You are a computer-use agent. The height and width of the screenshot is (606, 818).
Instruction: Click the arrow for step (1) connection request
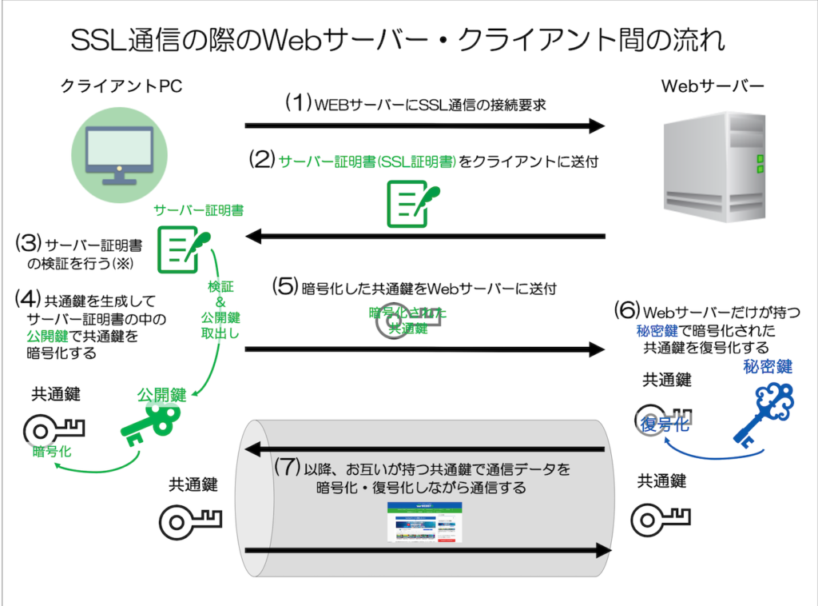(x=424, y=125)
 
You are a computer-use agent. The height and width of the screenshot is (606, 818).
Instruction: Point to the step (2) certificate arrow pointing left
(x=424, y=236)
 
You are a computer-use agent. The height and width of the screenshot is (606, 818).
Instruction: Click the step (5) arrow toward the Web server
(x=424, y=349)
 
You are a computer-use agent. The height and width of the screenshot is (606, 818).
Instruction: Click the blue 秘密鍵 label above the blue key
(x=766, y=367)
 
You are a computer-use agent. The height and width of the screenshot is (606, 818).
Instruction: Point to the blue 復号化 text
(x=665, y=425)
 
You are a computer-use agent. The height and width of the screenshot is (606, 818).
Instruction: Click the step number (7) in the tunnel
(x=287, y=467)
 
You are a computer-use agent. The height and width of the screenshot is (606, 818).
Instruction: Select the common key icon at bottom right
(x=660, y=520)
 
